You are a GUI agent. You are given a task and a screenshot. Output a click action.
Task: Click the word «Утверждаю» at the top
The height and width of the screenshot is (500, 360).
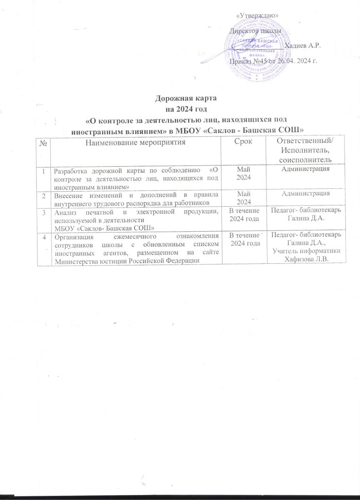tap(257, 15)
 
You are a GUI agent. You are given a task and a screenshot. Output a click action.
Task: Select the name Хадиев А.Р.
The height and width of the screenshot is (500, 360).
tap(303, 45)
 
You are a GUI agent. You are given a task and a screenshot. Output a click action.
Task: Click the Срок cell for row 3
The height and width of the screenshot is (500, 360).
tap(243, 214)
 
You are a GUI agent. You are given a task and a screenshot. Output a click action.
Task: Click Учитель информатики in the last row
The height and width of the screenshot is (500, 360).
tap(307, 250)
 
